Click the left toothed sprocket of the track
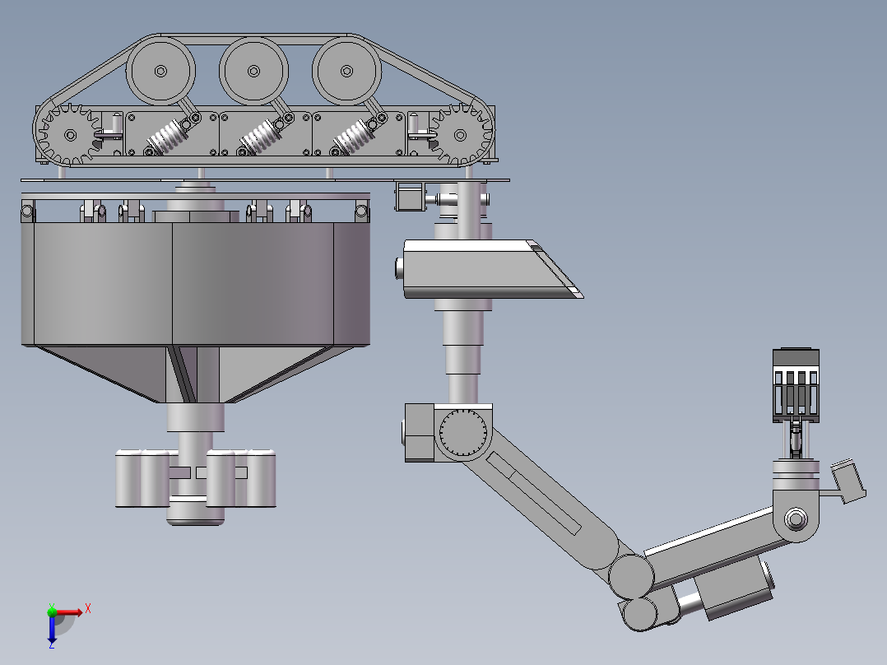coord(70,135)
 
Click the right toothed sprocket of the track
coord(460,135)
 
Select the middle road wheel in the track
coord(253,72)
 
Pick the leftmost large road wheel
coord(160,72)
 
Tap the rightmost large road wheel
coord(346,72)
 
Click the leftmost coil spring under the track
coord(169,137)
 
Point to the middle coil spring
coord(262,137)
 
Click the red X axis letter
coord(88,609)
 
